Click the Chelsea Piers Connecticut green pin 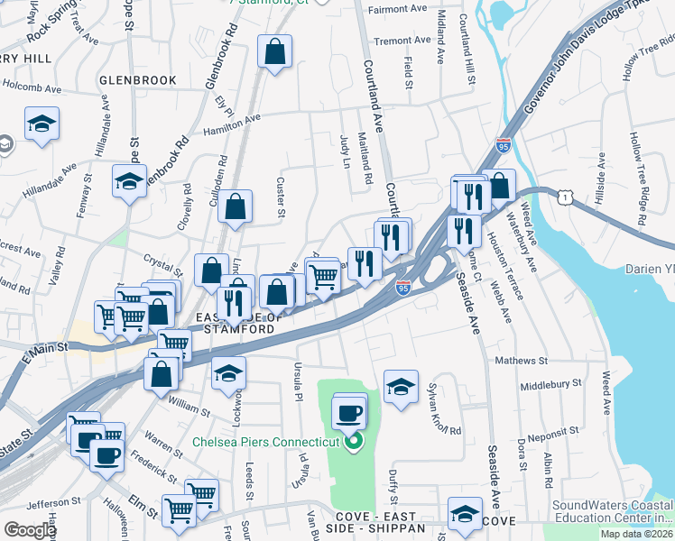[x=354, y=442]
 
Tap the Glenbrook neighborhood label [x=138, y=80]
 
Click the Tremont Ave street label [x=402, y=41]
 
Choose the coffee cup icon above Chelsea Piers [x=348, y=414]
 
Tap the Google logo [x=30, y=530]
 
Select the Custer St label [x=281, y=201]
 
